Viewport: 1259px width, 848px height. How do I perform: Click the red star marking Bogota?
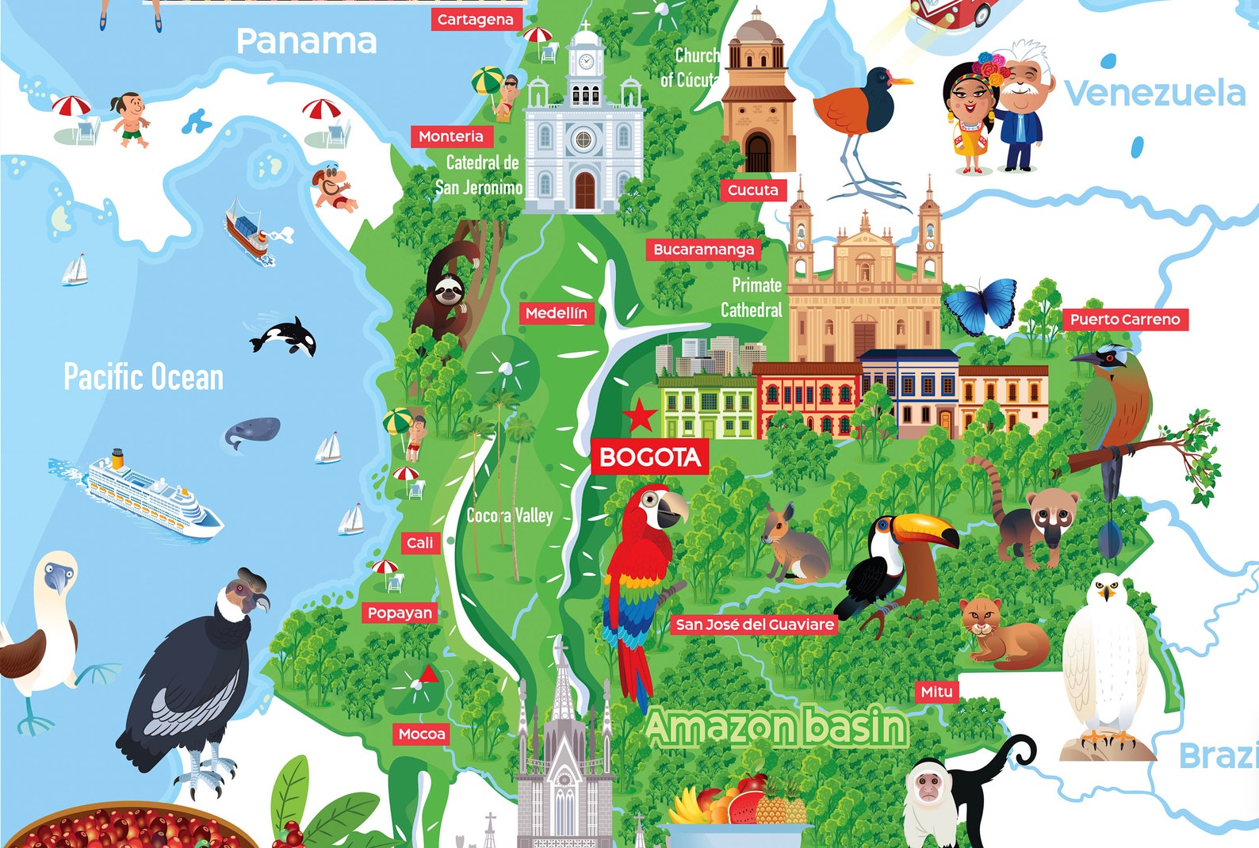[x=639, y=415]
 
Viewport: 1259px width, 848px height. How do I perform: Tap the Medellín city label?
[x=556, y=314]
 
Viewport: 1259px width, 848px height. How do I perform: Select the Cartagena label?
[x=476, y=20]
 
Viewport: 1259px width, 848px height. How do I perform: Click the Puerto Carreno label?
[x=1125, y=319]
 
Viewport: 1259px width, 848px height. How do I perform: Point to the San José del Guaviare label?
[x=754, y=625]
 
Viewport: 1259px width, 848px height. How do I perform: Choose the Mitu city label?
[x=936, y=692]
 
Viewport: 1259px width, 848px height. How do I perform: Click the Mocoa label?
[x=422, y=735]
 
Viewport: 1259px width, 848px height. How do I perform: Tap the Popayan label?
[x=400, y=613]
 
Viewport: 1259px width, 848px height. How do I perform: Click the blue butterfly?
[x=982, y=305]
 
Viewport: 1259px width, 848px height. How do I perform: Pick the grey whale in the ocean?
[x=252, y=433]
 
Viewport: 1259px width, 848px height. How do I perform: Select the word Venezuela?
[x=1154, y=94]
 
